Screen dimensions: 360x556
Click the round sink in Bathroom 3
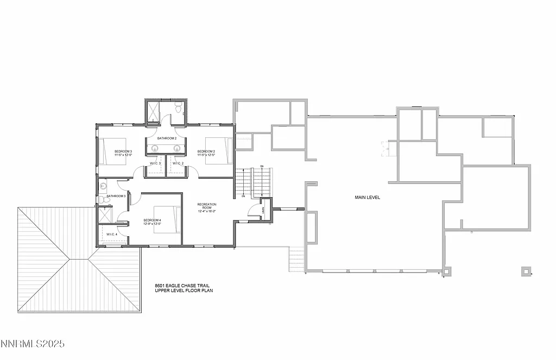[x=103, y=186]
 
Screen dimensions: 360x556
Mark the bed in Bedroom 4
[x=167, y=219]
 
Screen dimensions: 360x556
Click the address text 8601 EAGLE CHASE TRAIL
[x=181, y=286]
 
